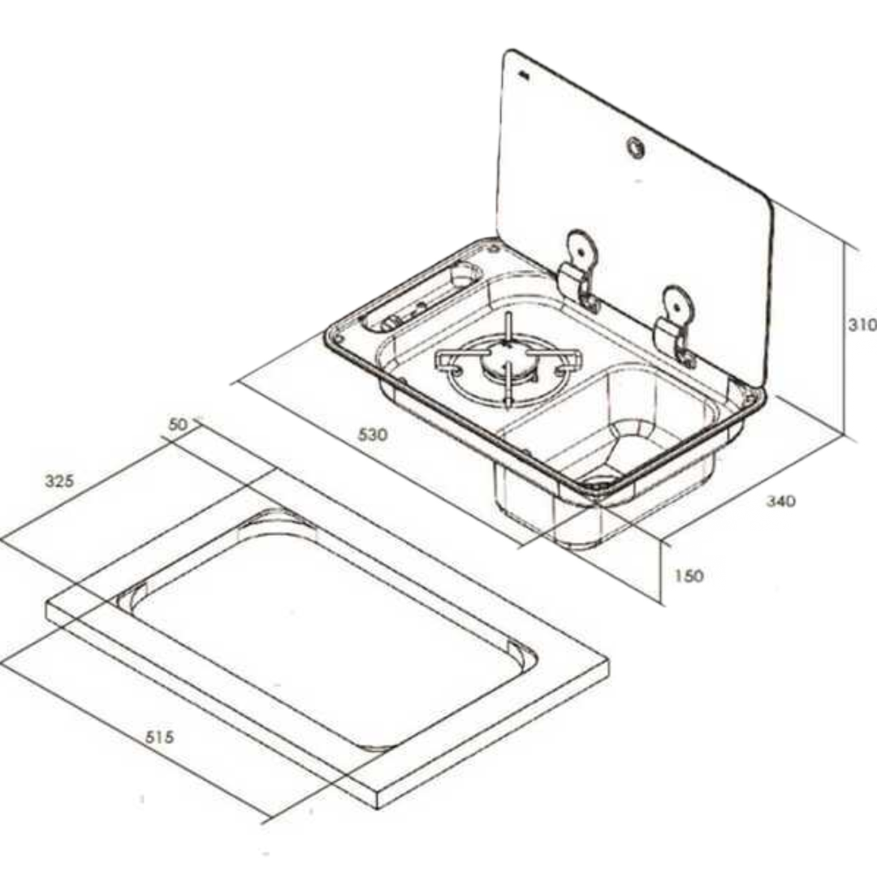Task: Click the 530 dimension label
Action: [x=373, y=434]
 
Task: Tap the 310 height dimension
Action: [x=862, y=324]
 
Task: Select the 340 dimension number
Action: [x=780, y=500]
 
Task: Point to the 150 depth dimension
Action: [x=689, y=576]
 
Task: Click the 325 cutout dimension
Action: [x=59, y=481]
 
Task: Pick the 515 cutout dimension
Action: [x=160, y=737]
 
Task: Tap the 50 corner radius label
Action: [x=178, y=425]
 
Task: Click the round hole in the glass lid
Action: [x=636, y=148]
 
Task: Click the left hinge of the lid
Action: [x=581, y=271]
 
